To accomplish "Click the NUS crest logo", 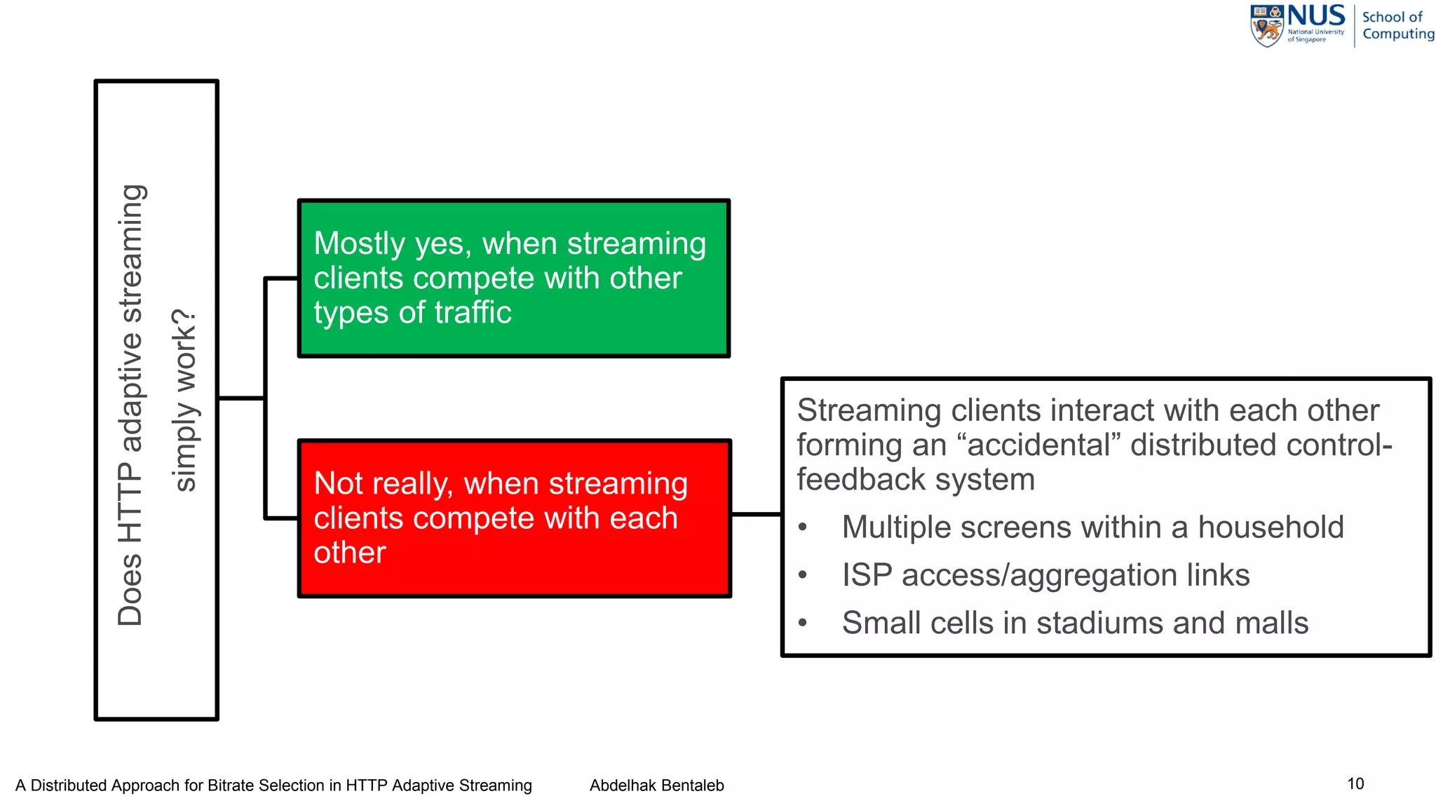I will (1267, 27).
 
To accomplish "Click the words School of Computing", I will (1397, 25).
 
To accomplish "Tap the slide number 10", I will (1355, 783).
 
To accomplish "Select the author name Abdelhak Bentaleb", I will (656, 786).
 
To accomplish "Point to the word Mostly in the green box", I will (359, 243).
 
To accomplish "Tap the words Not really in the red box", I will (383, 484).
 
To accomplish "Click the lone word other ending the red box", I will (349, 553).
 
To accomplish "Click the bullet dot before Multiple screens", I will (804, 527).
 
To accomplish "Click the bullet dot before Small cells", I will (804, 623).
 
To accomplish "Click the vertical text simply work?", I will (184, 400).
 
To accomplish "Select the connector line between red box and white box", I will (756, 515).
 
